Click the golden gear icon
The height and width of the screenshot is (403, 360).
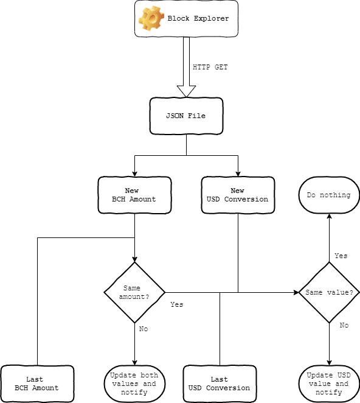coord(151,18)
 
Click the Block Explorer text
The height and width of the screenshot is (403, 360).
coord(198,18)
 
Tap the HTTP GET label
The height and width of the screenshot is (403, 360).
coord(210,67)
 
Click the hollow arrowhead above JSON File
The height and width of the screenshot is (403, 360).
coord(187,91)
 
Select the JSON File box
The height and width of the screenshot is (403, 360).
coord(187,116)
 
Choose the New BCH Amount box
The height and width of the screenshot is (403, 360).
coord(134,195)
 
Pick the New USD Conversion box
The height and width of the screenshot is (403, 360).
coord(238,195)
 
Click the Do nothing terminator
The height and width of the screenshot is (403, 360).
coord(329,195)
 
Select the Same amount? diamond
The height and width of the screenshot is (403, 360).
coord(134,292)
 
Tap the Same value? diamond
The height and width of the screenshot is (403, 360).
coord(329,292)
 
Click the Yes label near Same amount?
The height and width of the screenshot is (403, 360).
coord(177,304)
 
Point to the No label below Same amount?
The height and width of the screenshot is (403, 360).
coord(144,329)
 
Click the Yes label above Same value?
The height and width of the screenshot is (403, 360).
coord(341,256)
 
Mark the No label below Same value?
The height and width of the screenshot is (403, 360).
coord(344,325)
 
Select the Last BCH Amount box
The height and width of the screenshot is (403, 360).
coord(37,384)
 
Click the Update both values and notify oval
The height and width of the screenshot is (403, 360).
coord(134,384)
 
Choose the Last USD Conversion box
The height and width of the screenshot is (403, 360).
coord(220,384)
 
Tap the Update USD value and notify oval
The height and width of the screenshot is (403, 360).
coord(329,384)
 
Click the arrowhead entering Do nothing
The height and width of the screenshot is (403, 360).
coord(329,216)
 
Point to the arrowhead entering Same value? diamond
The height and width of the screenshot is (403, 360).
coord(296,292)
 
